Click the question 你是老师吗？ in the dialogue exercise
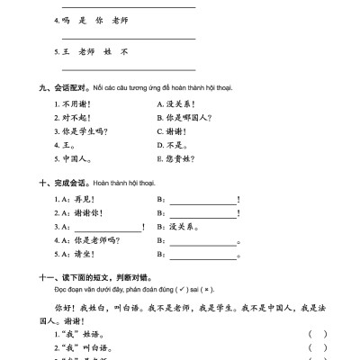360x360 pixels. click(x=94, y=240)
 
